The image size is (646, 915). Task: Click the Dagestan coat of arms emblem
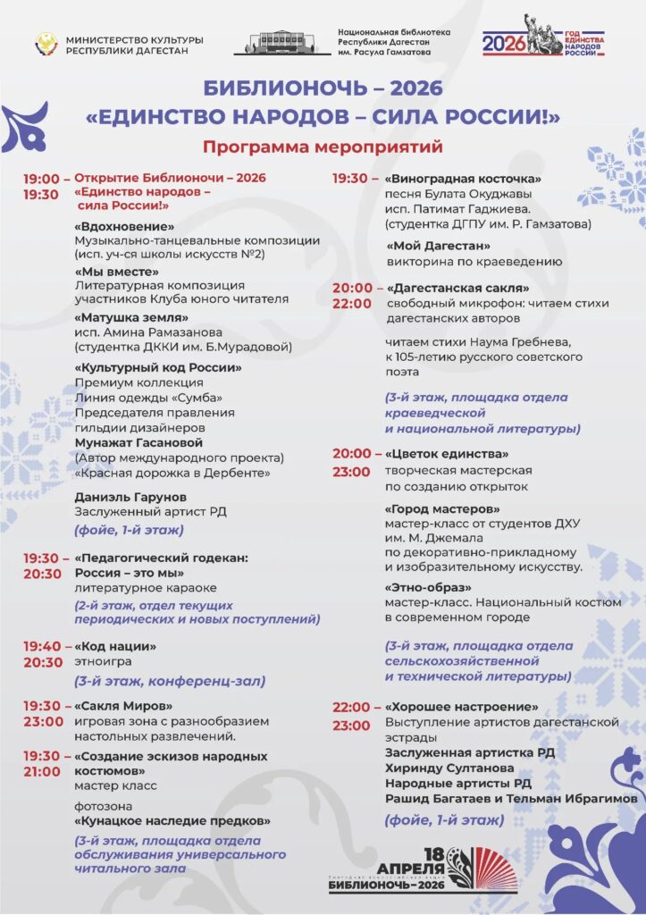pos(46,44)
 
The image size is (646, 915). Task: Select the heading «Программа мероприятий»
pos(323,147)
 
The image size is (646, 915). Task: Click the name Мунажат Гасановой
pos(138,442)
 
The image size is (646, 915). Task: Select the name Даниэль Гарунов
pos(130,495)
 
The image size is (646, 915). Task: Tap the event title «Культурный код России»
pos(158,367)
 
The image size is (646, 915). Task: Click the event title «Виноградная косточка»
pos(463,178)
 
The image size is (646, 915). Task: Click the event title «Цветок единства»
pos(447,453)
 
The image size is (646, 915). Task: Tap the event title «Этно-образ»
pos(428,587)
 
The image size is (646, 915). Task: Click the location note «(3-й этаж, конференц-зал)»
pos(170,681)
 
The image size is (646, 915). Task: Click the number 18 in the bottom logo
pos(434,853)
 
